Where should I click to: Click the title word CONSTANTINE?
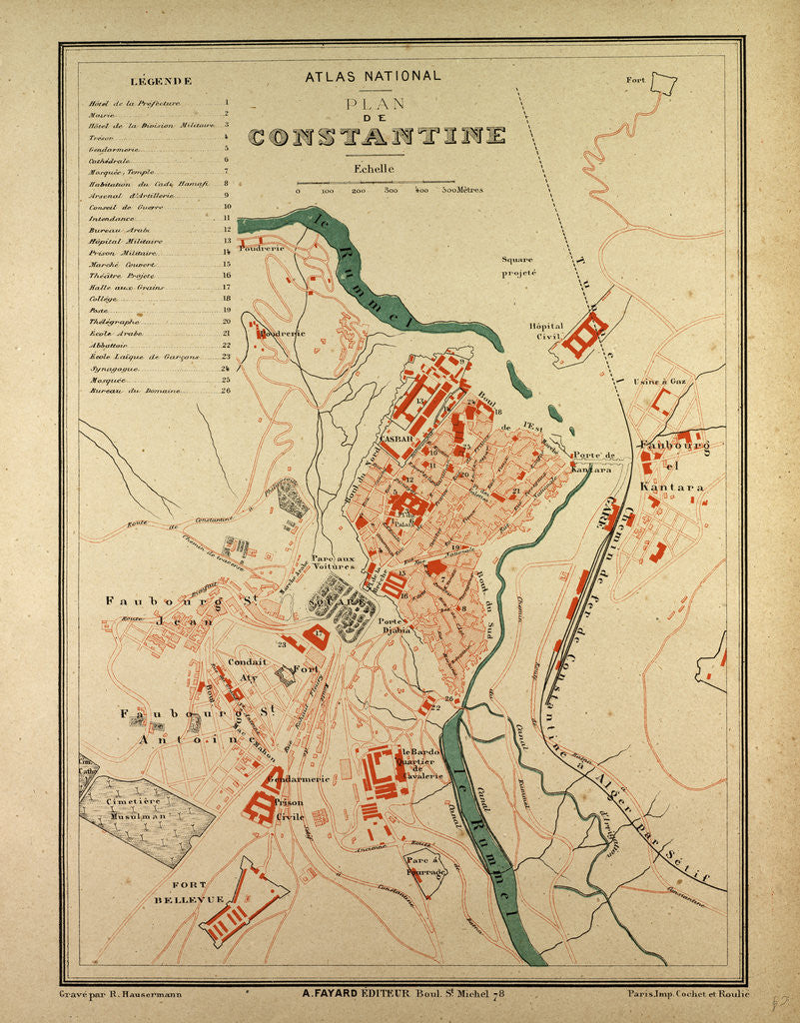[377, 136]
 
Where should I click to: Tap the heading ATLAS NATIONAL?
[372, 76]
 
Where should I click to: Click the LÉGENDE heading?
[161, 81]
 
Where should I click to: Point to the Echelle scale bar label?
[374, 169]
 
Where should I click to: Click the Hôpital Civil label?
[546, 332]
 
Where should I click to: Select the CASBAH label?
[397, 439]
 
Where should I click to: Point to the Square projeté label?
[519, 265]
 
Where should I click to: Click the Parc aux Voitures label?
[333, 562]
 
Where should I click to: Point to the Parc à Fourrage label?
[426, 865]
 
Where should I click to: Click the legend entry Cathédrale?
[109, 159]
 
